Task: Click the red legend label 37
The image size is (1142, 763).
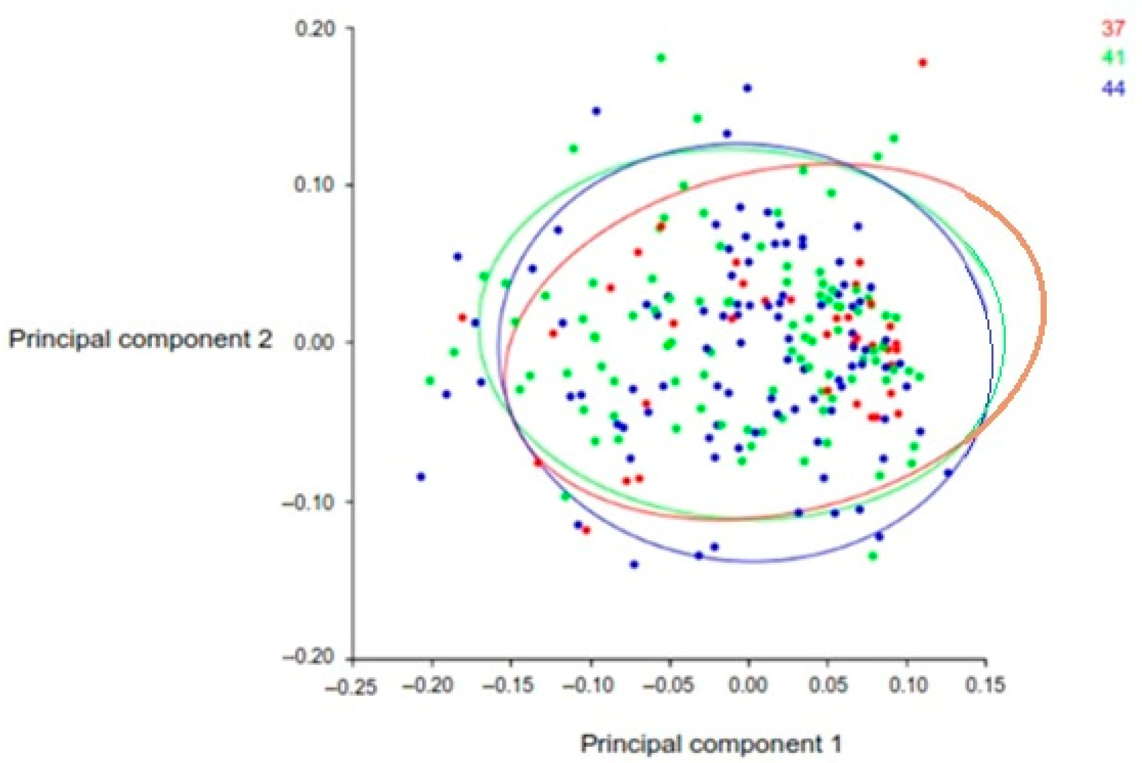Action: (x=1113, y=29)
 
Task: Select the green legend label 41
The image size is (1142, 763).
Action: (x=1113, y=58)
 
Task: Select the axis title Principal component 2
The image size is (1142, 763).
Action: (x=140, y=340)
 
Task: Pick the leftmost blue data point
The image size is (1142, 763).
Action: (x=421, y=476)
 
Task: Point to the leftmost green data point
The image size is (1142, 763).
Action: (x=430, y=381)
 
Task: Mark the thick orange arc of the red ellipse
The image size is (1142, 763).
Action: (x=1044, y=311)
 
